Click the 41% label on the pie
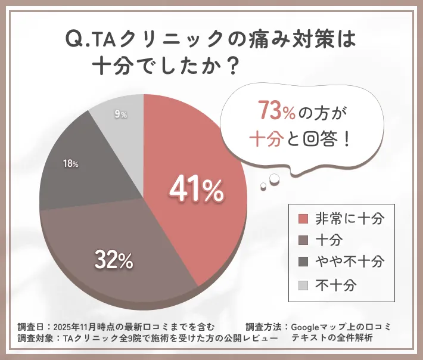click(196, 190)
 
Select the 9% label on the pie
click(120, 114)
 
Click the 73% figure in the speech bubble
click(274, 111)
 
